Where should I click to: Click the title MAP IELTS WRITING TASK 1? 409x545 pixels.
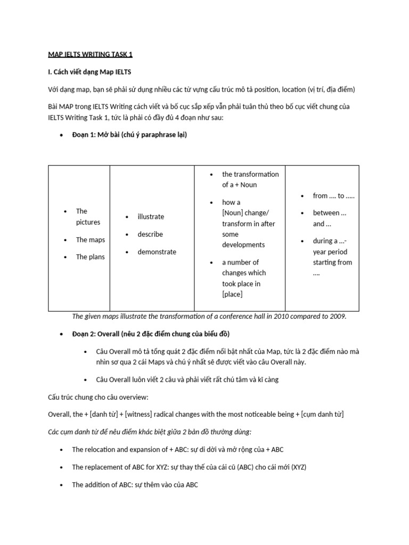(91, 54)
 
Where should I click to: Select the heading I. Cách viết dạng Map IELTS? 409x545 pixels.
(90, 72)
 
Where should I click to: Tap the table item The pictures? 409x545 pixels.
(88, 217)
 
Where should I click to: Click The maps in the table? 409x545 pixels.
(90, 240)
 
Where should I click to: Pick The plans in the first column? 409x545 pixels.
(90, 257)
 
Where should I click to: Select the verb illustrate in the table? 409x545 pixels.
(151, 217)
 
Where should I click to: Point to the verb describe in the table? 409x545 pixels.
(150, 234)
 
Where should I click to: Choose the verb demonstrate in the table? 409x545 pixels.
(157, 252)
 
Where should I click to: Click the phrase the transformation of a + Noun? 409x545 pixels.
(250, 179)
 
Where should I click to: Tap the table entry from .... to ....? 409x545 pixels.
(333, 196)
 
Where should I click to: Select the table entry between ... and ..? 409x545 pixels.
(329, 218)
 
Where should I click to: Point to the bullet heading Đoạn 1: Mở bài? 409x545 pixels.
(129, 135)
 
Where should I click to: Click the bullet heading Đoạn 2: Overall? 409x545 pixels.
(151, 333)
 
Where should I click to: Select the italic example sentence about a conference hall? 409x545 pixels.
(209, 316)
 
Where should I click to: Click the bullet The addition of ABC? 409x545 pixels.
(135, 485)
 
